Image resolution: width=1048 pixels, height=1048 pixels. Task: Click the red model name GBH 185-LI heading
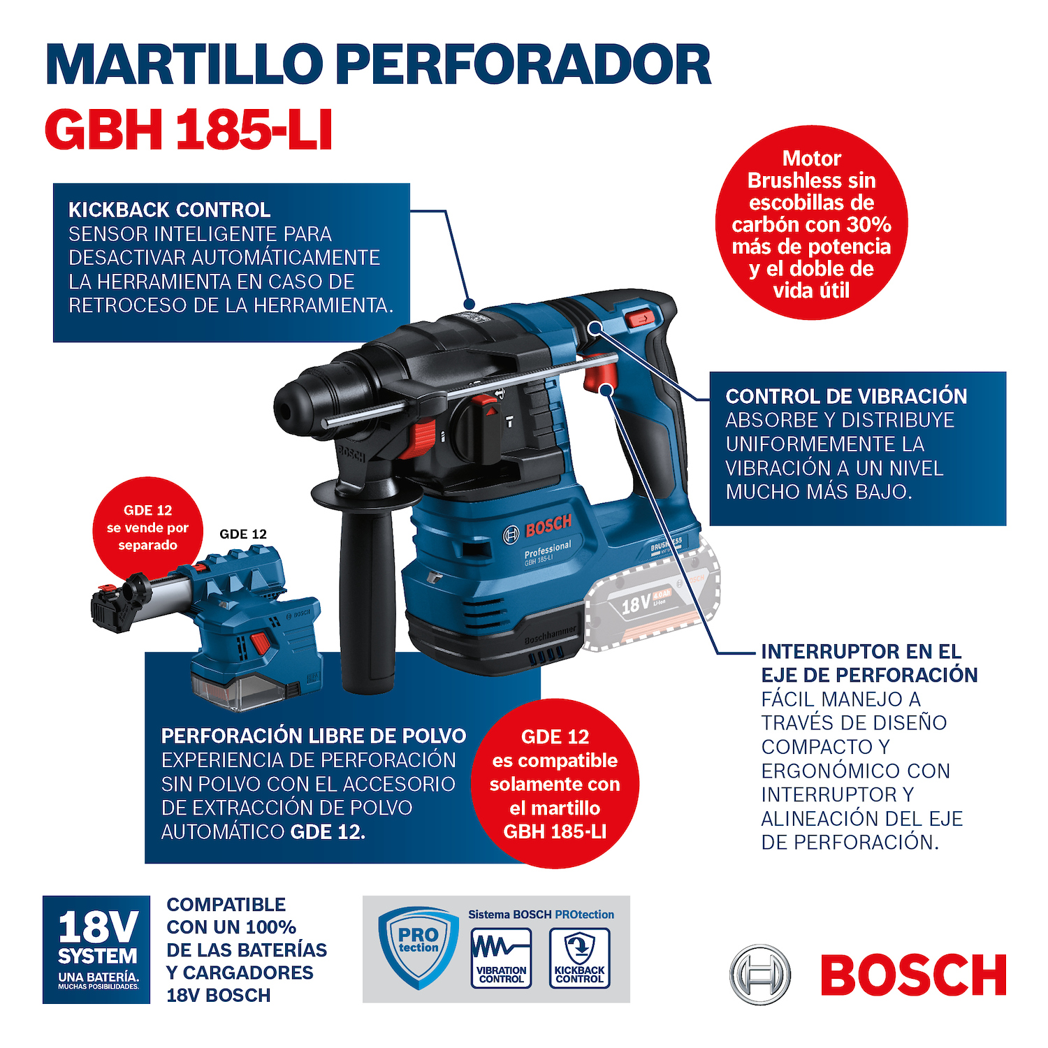(x=189, y=130)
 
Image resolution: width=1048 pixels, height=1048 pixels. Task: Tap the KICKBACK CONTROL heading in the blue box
(x=169, y=210)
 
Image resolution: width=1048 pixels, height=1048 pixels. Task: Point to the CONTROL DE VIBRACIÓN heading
(x=846, y=396)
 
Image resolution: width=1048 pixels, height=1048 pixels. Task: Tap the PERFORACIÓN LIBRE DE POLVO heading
(x=313, y=736)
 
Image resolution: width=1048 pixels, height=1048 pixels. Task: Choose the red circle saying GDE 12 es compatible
(x=555, y=783)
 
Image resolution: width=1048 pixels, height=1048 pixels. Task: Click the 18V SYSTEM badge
(x=96, y=949)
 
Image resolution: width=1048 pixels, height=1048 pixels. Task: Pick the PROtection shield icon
(x=418, y=947)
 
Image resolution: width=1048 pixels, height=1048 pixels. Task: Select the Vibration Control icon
(x=501, y=958)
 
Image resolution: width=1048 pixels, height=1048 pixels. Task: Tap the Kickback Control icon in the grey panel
(x=579, y=958)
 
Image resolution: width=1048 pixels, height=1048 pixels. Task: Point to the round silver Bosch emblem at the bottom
(x=760, y=975)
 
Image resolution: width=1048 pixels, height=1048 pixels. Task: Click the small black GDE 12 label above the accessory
(x=243, y=534)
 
